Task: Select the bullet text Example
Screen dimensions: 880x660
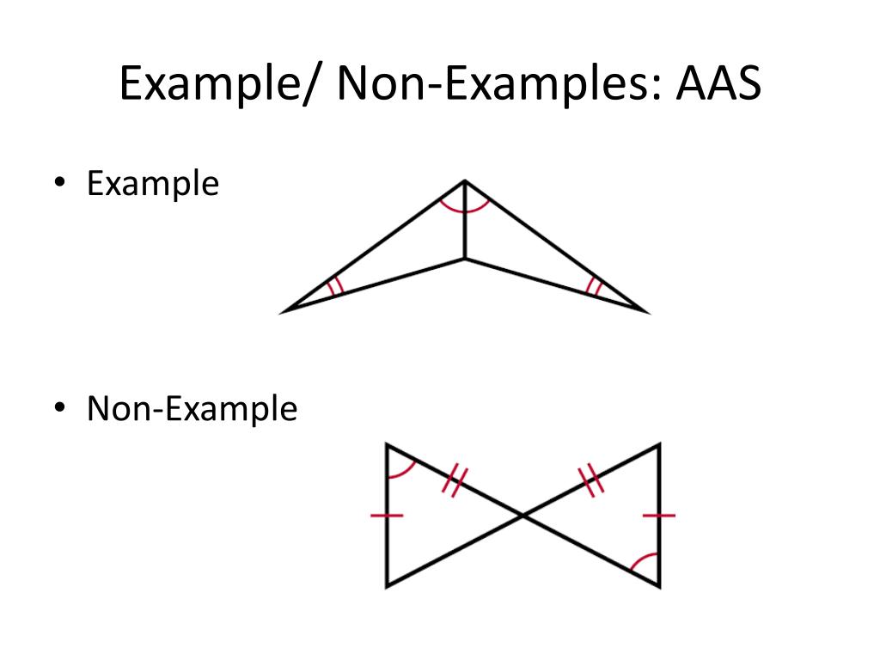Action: (x=153, y=184)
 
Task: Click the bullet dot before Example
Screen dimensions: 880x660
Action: (x=61, y=184)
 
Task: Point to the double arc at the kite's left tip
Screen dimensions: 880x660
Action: (x=336, y=285)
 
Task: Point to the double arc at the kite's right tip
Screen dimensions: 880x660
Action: (x=592, y=286)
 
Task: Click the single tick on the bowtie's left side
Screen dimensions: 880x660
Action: (x=387, y=516)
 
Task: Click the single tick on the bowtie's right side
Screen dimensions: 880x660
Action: (x=659, y=516)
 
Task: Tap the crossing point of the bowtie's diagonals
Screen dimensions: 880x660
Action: (x=522, y=515)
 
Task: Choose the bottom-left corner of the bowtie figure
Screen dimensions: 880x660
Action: (x=387, y=585)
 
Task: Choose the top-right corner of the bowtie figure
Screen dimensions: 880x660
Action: (x=659, y=445)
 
